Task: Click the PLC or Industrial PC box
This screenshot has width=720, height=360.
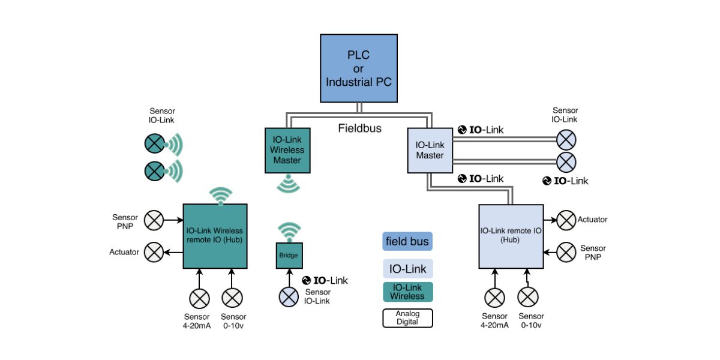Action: [x=359, y=68]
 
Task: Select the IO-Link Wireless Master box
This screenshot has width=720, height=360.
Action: [x=288, y=150]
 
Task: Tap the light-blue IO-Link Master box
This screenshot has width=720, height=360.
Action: [x=430, y=151]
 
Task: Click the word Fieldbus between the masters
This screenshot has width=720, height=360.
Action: [x=359, y=128]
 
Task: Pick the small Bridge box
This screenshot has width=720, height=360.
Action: [x=289, y=256]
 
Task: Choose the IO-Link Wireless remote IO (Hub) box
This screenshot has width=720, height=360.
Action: [x=215, y=236]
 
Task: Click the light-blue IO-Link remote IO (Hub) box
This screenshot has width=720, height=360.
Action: [x=511, y=236]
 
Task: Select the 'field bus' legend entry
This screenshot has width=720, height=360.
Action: [x=407, y=241]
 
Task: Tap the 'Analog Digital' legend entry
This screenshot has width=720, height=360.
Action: [x=407, y=318]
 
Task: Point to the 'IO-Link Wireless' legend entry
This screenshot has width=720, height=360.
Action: [x=407, y=292]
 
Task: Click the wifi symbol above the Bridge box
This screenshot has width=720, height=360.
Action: [x=289, y=231]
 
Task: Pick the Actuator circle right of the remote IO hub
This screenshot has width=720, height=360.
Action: [x=566, y=220]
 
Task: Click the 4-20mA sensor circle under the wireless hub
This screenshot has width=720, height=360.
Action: [x=199, y=298]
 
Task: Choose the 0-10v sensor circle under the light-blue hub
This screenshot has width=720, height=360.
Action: [x=528, y=298]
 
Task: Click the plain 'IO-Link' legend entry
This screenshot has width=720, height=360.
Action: [x=407, y=269]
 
